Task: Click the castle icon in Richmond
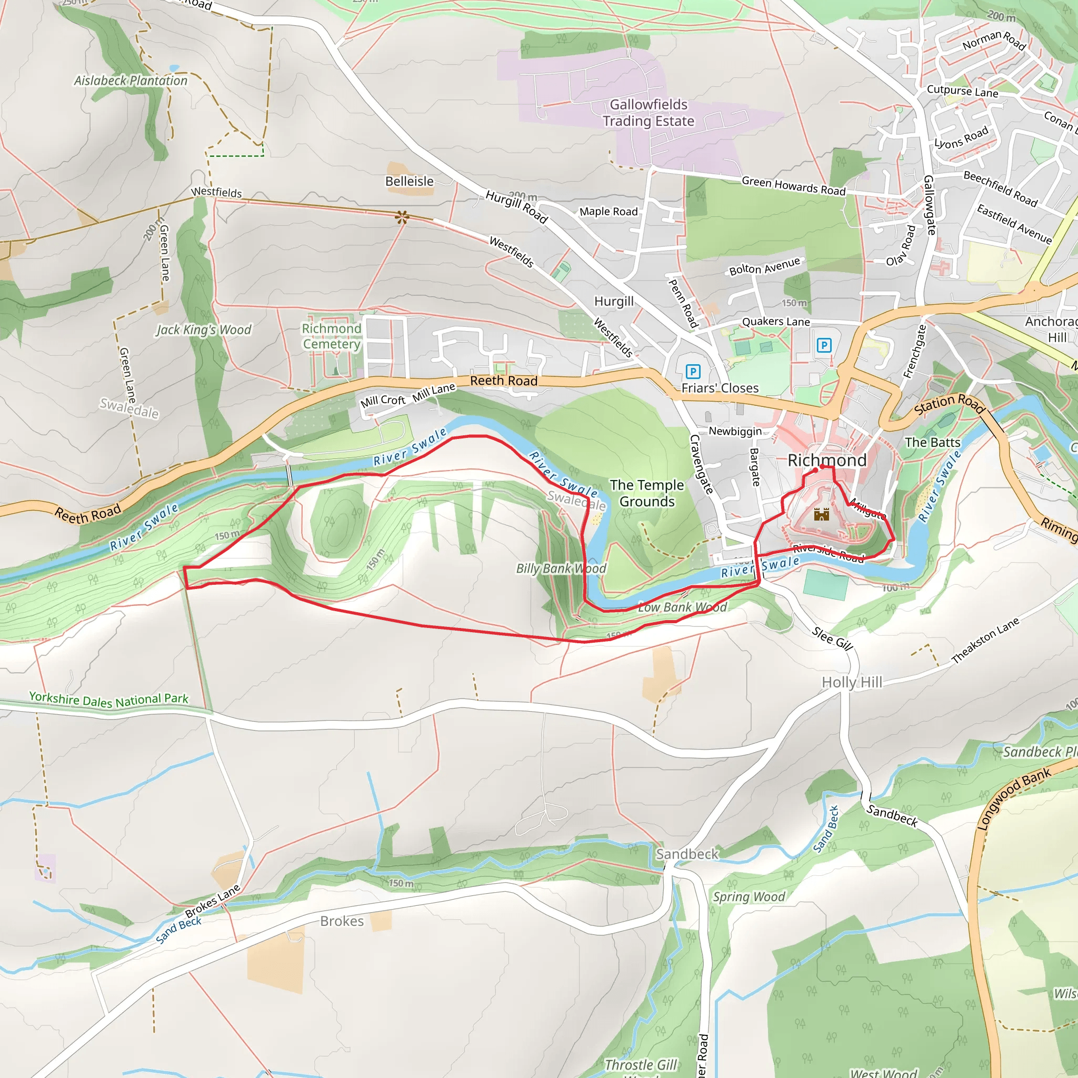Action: tap(821, 514)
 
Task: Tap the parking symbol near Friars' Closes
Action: tap(693, 372)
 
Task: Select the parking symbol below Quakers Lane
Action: tap(824, 345)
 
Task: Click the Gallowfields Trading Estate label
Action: tap(648, 113)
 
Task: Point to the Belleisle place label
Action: tap(409, 182)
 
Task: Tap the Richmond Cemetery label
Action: tap(332, 336)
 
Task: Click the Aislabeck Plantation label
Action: tap(131, 81)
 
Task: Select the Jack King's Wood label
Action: tap(204, 330)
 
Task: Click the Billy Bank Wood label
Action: tap(561, 568)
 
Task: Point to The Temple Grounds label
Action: tap(647, 493)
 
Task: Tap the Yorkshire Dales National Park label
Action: tap(109, 700)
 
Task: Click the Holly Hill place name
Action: tap(852, 682)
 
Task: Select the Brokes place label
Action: tap(342, 921)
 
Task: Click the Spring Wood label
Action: tap(749, 896)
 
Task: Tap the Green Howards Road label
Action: tap(793, 186)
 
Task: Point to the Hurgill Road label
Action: tap(516, 206)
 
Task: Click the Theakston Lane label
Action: tap(985, 641)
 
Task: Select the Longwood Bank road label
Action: tap(1014, 799)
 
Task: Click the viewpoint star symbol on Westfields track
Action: tap(402, 217)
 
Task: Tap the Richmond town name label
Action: tap(827, 461)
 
